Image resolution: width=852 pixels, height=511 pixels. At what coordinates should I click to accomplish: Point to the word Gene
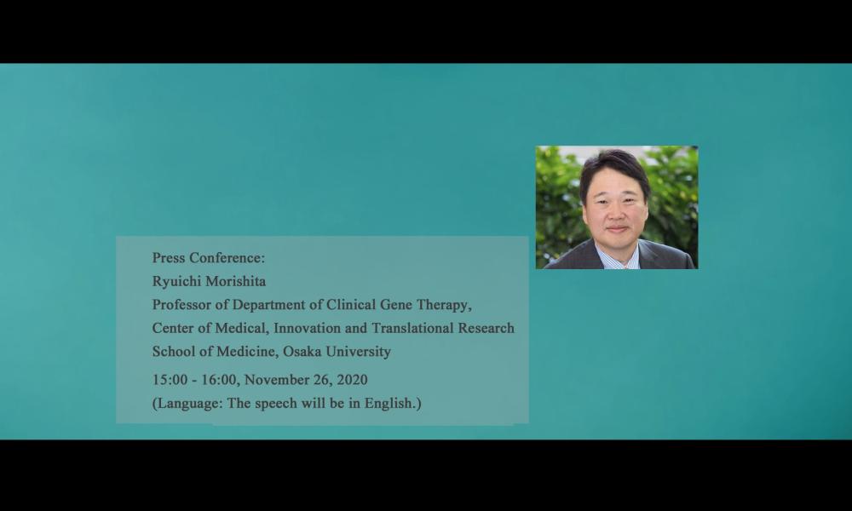click(x=395, y=305)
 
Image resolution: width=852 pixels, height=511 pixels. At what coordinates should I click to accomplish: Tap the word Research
click(x=486, y=328)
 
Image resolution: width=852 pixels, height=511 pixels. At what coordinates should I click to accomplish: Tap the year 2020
click(x=352, y=380)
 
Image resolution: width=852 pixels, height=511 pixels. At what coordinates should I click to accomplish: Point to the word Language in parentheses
click(x=190, y=404)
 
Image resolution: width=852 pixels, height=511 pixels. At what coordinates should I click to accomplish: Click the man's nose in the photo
click(x=616, y=213)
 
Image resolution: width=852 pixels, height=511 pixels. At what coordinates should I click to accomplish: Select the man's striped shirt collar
click(x=617, y=256)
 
